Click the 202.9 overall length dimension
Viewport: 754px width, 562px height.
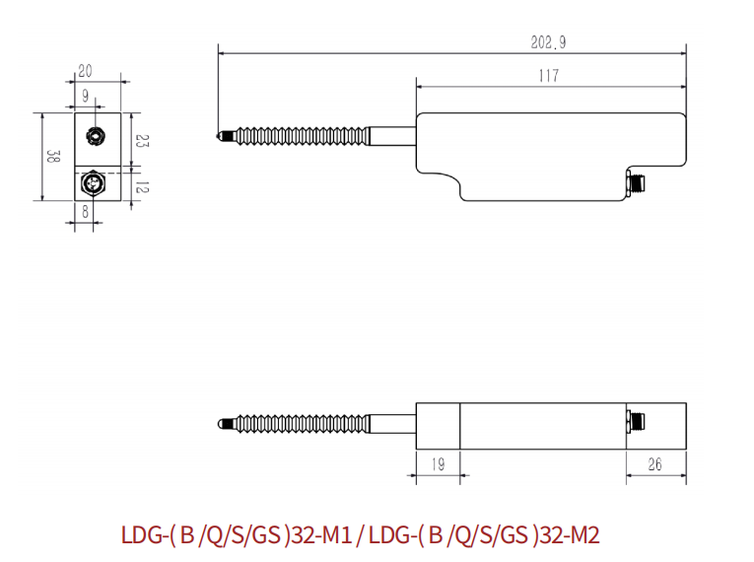pyautogui.click(x=548, y=42)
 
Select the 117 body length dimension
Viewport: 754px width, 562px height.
pyautogui.click(x=549, y=76)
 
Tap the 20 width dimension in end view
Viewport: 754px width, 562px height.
pyautogui.click(x=85, y=71)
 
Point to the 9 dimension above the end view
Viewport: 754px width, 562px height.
pyautogui.click(x=86, y=96)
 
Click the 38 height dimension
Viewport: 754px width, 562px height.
pyautogui.click(x=53, y=157)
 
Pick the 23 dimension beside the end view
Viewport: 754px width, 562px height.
pyautogui.click(x=142, y=141)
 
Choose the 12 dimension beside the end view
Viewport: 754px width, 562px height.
pyautogui.click(x=142, y=186)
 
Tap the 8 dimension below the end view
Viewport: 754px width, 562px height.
pyautogui.click(x=86, y=211)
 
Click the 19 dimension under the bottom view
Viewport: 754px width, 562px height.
pyautogui.click(x=438, y=464)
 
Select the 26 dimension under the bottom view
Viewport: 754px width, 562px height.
pyautogui.click(x=654, y=464)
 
